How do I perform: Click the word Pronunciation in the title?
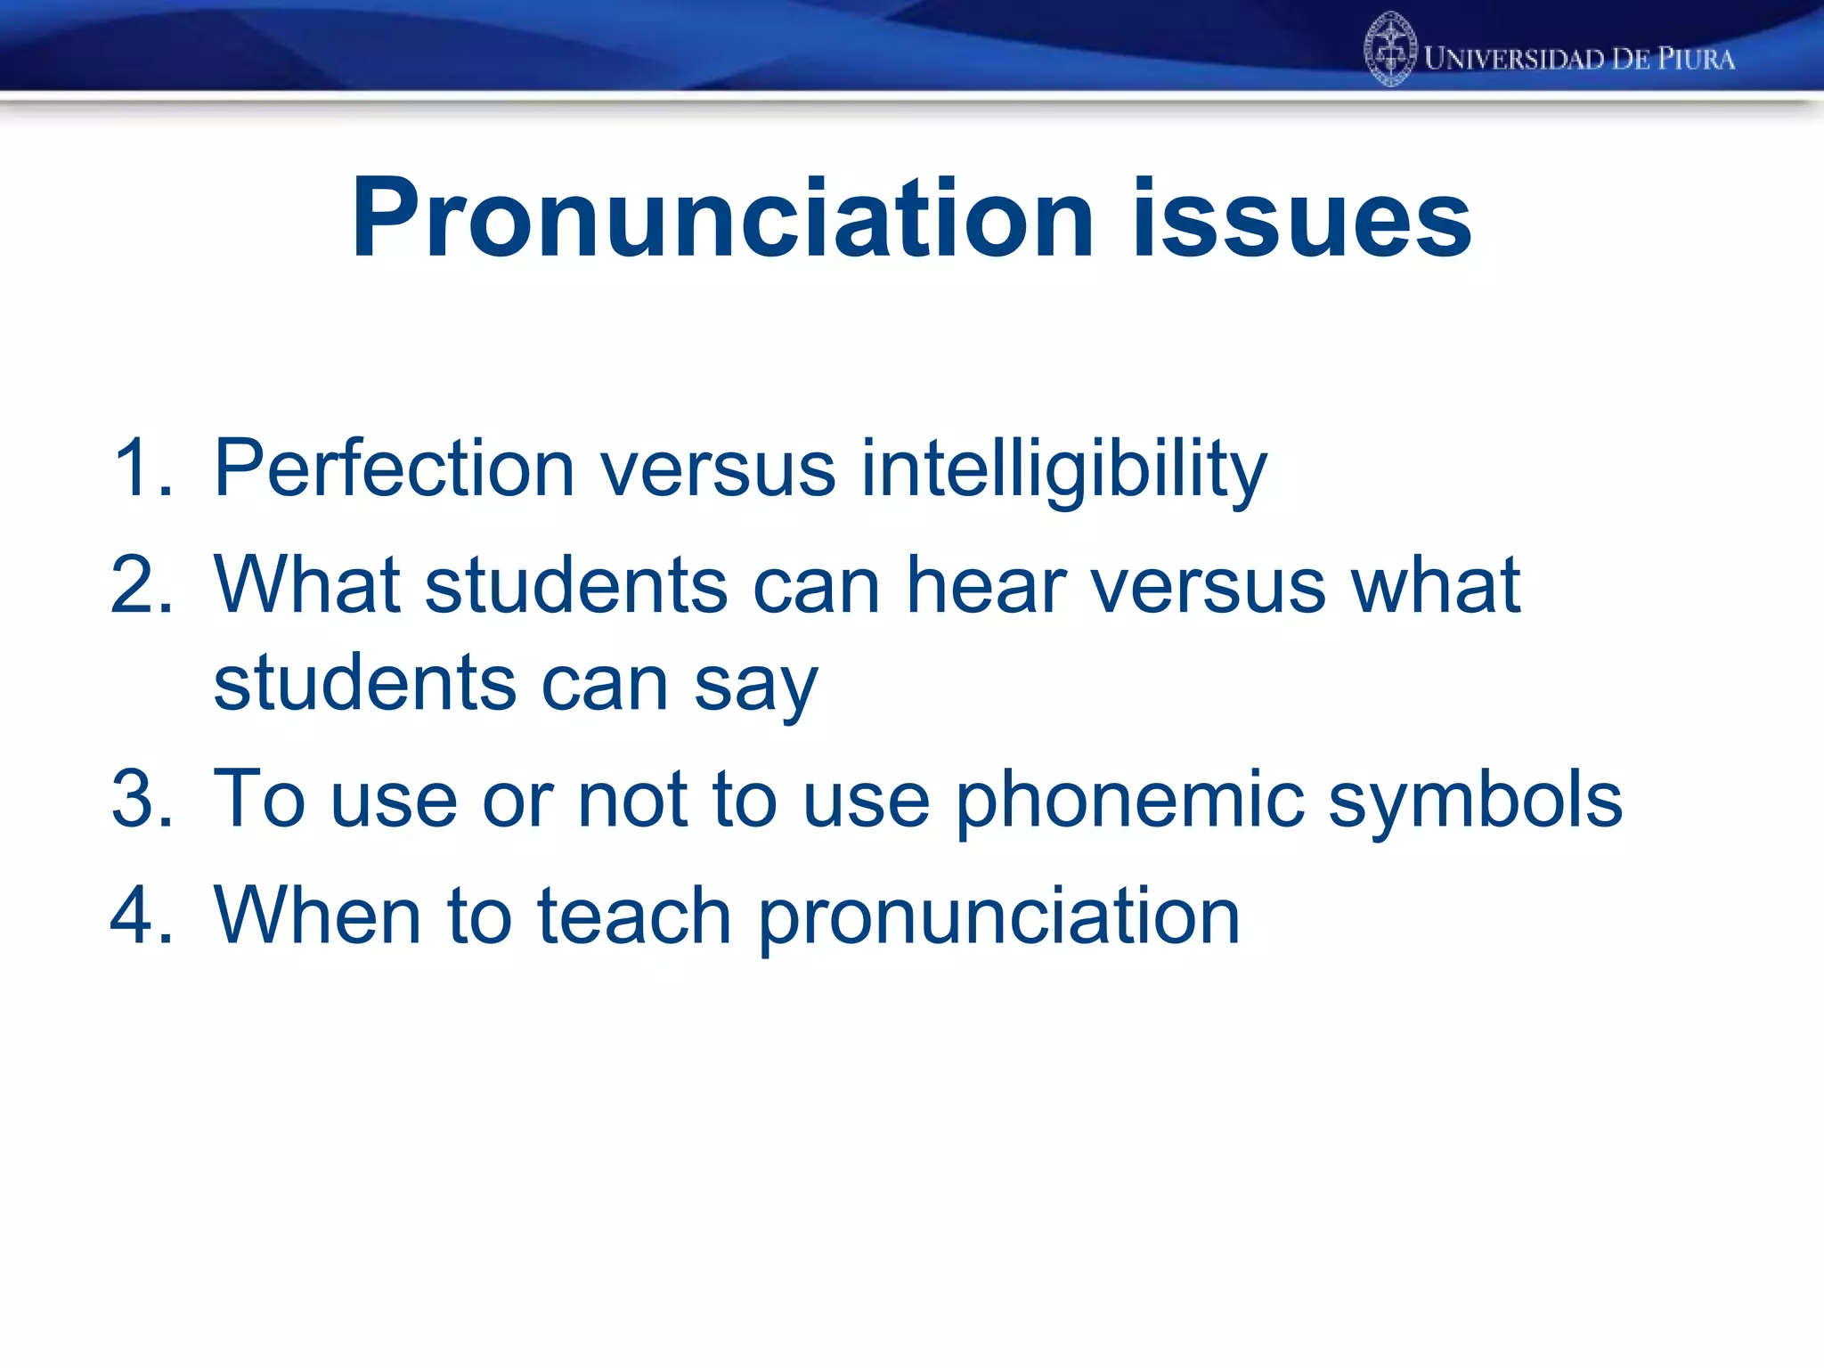click(721, 219)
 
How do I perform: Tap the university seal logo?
click(1389, 50)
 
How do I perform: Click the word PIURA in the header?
click(1696, 59)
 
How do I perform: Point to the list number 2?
click(141, 585)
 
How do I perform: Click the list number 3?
click(141, 799)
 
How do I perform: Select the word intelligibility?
click(1063, 469)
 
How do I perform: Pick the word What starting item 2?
click(306, 585)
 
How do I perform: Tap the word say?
click(755, 686)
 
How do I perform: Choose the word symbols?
click(1475, 800)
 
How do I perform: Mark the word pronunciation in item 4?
click(997, 917)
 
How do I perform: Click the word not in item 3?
click(632, 799)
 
